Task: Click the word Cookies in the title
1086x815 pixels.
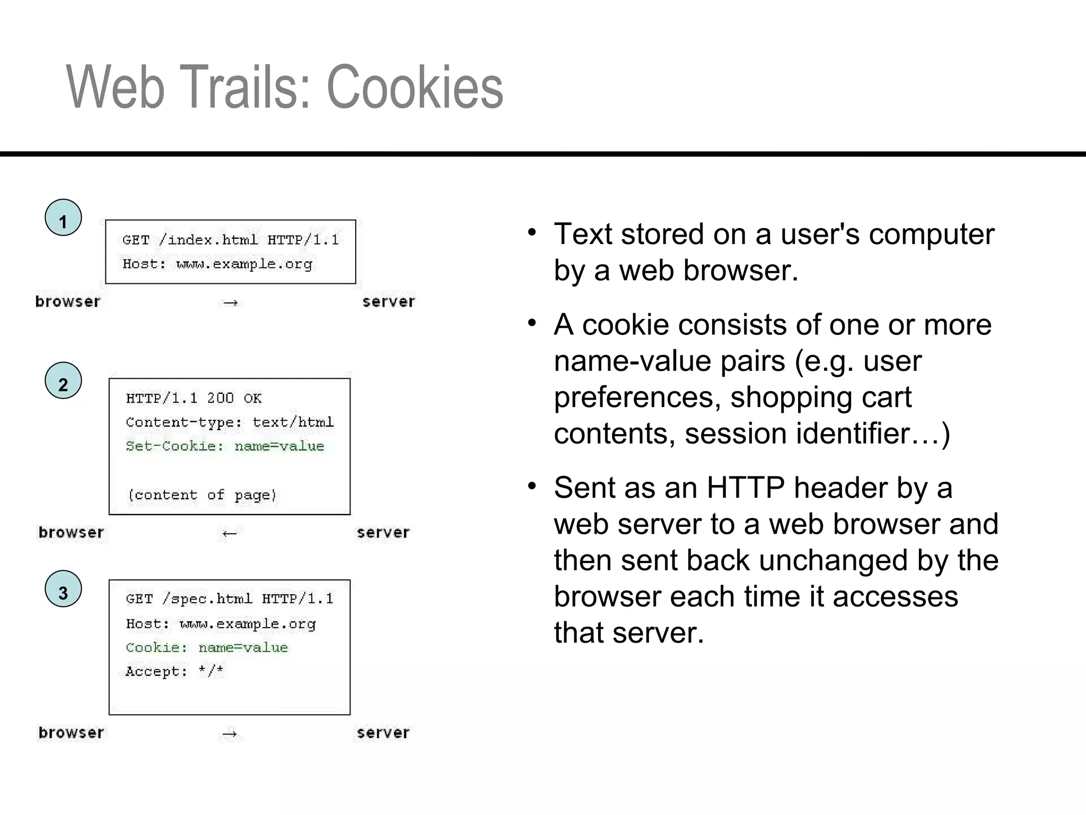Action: (x=414, y=88)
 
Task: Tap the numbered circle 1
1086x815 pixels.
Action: (x=63, y=218)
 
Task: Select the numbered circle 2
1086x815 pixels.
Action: (x=63, y=380)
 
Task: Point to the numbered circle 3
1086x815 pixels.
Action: (x=63, y=589)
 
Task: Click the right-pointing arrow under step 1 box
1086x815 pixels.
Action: (x=230, y=303)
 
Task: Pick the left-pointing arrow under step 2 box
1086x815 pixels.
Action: (x=229, y=533)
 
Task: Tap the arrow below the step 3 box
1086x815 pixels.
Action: (x=230, y=734)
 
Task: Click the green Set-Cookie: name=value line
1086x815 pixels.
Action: (x=225, y=446)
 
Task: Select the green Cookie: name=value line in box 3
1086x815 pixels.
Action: (x=207, y=647)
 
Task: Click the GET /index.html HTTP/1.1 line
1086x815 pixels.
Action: (x=230, y=240)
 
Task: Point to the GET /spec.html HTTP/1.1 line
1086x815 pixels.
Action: (x=230, y=599)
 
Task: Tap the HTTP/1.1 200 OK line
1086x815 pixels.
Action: (x=194, y=398)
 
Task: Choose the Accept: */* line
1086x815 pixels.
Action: (x=174, y=671)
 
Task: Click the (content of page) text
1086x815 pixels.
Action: (x=202, y=495)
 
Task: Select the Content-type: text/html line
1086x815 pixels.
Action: (x=230, y=422)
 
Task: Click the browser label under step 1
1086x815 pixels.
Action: (x=67, y=301)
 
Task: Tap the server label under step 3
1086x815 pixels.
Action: (x=383, y=733)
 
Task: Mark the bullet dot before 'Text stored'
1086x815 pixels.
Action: (x=532, y=233)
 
